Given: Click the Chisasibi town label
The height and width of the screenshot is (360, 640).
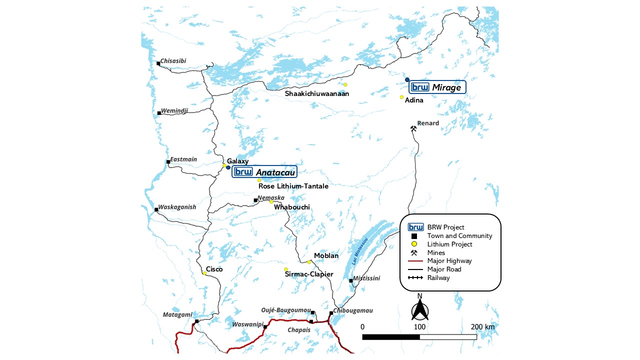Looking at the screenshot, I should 173,61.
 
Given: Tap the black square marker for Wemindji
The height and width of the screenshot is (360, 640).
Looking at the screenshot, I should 159,113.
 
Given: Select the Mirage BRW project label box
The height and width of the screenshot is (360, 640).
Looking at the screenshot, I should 437,87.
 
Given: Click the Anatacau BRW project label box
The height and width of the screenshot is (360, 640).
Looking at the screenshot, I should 264,172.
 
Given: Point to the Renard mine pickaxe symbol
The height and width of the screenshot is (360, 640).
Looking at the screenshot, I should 413,128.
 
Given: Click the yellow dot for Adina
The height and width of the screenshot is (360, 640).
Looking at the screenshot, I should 401,97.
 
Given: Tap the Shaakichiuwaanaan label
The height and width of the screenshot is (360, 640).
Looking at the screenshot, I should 317,93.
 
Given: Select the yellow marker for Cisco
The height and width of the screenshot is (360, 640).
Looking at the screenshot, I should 204,273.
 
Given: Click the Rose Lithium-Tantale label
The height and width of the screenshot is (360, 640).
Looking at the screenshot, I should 293,186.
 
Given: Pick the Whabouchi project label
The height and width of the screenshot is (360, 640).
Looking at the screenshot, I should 292,207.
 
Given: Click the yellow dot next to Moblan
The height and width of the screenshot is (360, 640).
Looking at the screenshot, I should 309,262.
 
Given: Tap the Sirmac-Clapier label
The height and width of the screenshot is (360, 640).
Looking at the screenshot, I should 308,274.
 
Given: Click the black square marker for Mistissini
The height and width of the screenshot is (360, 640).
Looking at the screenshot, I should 350,281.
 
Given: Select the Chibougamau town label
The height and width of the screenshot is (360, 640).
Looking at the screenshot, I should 353,310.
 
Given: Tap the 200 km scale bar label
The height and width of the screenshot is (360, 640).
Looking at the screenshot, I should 482,327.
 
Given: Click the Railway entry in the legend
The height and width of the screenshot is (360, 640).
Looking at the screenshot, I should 438,278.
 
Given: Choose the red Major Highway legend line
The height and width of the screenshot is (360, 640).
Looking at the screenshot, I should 414,261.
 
